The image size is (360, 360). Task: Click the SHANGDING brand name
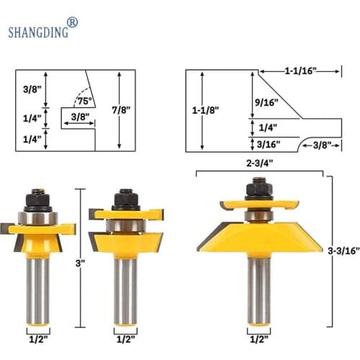[x=38, y=32]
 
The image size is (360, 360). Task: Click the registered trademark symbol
[x=72, y=23]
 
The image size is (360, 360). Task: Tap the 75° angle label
[x=85, y=101]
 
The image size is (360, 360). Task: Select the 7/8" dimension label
[x=121, y=110]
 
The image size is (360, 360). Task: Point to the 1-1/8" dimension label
[x=206, y=110]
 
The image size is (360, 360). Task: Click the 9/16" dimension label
[x=266, y=102]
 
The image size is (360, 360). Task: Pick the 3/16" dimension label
[x=269, y=145]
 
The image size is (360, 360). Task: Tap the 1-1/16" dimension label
[x=301, y=71]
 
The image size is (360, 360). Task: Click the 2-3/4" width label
[x=260, y=163]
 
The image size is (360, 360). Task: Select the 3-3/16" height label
[x=343, y=251]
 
